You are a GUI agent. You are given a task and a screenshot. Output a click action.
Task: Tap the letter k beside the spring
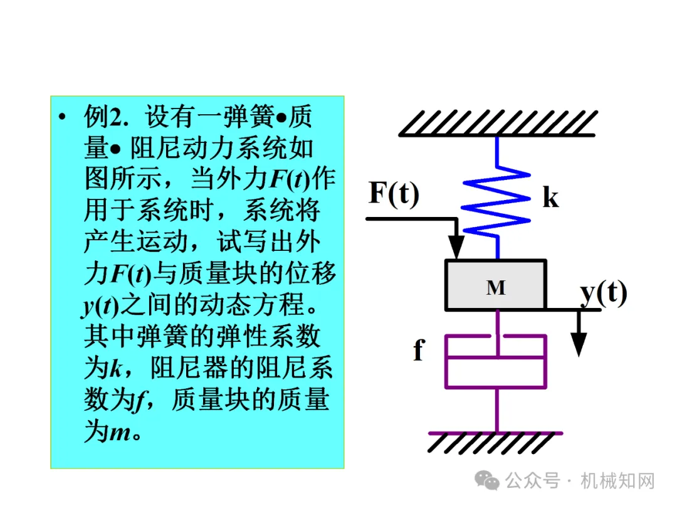550,198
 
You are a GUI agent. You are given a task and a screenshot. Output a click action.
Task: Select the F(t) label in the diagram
394,193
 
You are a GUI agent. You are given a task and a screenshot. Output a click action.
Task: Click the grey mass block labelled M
495,285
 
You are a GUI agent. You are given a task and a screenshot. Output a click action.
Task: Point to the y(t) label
603,292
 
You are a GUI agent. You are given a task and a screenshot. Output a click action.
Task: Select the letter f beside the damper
418,351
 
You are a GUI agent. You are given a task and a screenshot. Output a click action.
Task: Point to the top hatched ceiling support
497,122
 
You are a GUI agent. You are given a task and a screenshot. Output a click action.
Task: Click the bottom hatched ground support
495,442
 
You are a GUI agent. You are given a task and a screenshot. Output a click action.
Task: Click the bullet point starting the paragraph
61,117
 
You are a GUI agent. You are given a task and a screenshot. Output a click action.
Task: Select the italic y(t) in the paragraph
100,307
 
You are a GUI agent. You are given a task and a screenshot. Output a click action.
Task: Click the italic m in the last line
120,433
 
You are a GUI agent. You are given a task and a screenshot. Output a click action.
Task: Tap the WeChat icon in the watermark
487,481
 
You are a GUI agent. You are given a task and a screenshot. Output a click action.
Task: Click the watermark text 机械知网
617,481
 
